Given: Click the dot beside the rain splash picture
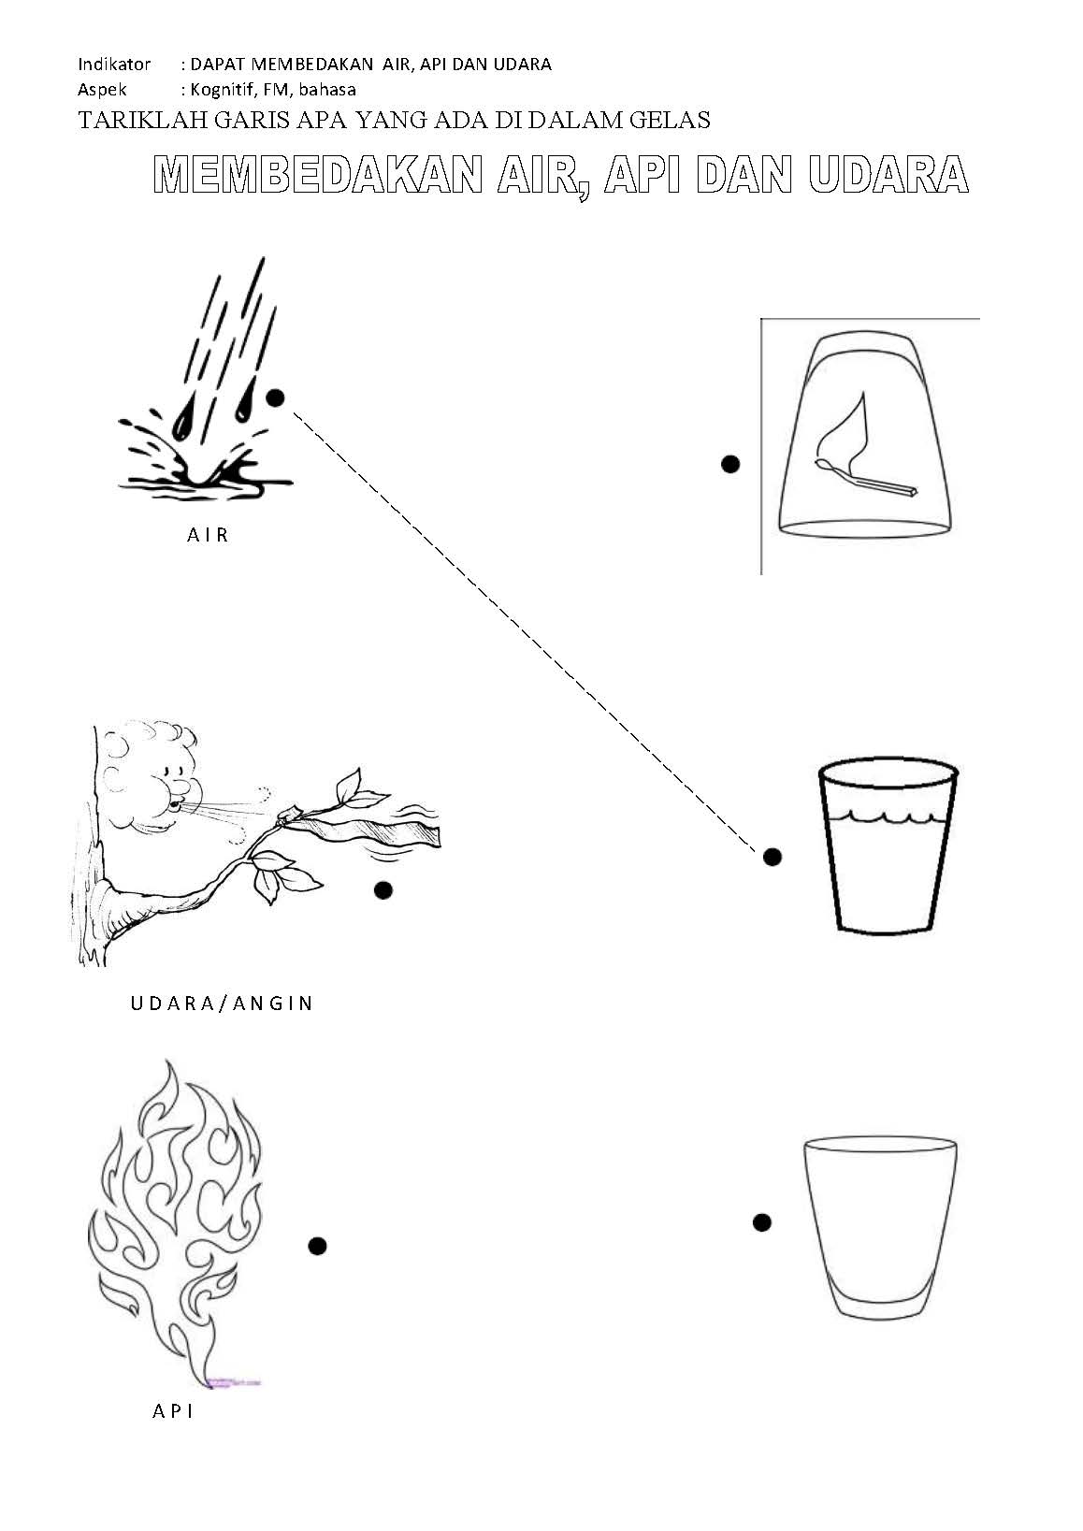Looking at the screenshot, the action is (275, 397).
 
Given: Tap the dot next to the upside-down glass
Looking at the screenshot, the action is (730, 464).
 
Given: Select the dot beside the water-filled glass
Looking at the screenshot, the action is (773, 857).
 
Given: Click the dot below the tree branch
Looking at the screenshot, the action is (383, 890).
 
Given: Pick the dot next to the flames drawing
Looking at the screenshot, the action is (317, 1246).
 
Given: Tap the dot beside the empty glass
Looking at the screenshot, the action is (762, 1222).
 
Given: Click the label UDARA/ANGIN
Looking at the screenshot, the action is (222, 1004).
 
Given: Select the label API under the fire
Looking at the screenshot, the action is (173, 1410).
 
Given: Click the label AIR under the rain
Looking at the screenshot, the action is (208, 534).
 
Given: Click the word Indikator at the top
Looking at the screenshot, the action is (114, 65).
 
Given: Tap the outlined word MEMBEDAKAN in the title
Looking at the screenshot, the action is (318, 174).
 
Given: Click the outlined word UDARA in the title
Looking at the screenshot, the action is (888, 174).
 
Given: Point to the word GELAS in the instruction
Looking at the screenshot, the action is (670, 121).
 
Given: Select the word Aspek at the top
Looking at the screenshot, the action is (102, 90).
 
